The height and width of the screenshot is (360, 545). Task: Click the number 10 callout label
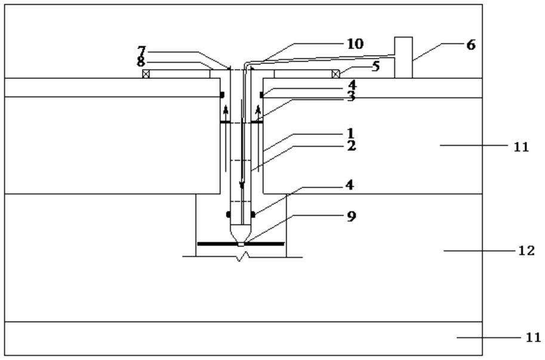pyautogui.click(x=355, y=44)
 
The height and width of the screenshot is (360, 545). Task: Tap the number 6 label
pyautogui.click(x=470, y=45)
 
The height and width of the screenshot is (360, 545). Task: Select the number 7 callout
pyautogui.click(x=141, y=51)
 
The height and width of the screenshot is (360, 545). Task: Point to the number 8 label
pyautogui.click(x=141, y=62)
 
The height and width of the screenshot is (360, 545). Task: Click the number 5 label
pyautogui.click(x=375, y=66)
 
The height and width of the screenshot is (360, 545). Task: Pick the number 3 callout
pyautogui.click(x=351, y=96)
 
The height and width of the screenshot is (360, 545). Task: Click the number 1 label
pyautogui.click(x=350, y=133)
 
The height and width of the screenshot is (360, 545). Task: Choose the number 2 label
pyautogui.click(x=352, y=146)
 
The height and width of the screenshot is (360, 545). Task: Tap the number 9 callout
pyautogui.click(x=352, y=216)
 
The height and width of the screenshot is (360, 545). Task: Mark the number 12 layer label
pyautogui.click(x=526, y=251)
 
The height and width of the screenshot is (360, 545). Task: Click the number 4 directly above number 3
pyautogui.click(x=352, y=84)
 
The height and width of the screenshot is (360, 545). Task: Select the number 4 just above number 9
pyautogui.click(x=350, y=184)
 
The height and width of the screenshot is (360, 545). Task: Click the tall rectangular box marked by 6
pyautogui.click(x=403, y=57)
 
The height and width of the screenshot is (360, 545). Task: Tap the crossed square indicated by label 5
pyautogui.click(x=335, y=74)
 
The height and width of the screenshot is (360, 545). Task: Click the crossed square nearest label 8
pyautogui.click(x=146, y=74)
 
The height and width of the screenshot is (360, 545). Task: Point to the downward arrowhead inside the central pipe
pyautogui.click(x=242, y=186)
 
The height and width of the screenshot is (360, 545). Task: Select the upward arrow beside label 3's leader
pyautogui.click(x=258, y=114)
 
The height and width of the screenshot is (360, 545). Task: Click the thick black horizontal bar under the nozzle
pyautogui.click(x=241, y=244)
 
